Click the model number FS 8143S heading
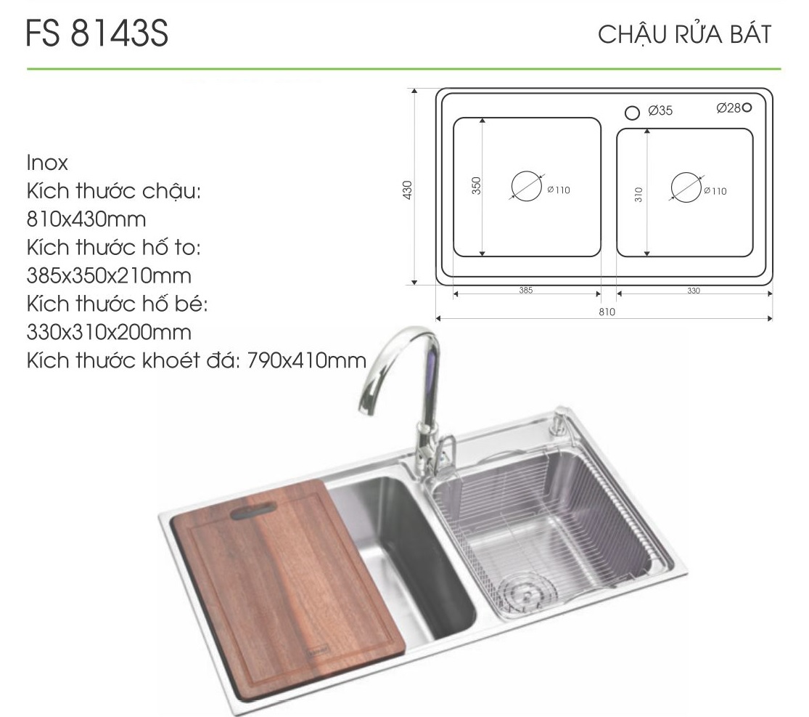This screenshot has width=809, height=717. point(96,33)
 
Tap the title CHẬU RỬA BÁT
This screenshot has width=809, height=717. point(685,34)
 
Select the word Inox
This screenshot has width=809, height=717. point(47,163)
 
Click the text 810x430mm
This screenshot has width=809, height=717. point(86,219)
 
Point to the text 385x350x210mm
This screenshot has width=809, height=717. point(109,275)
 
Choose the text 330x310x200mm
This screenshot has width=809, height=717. point(109,332)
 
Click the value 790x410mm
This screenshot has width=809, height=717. point(307,360)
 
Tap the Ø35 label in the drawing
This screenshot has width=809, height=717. point(660,110)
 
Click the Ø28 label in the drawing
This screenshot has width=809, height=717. point(728,108)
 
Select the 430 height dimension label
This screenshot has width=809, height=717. point(408,190)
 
